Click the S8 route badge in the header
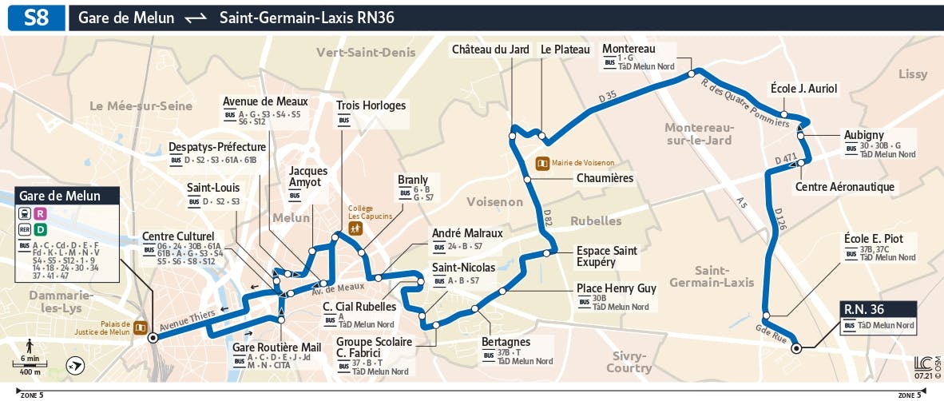35,18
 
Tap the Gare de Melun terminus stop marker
153,338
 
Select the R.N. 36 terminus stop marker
795,347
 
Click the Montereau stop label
629,49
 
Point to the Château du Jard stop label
490,50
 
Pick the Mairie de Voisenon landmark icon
542,163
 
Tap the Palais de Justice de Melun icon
141,327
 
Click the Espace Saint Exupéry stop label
607,256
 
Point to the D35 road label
609,97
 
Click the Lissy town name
913,74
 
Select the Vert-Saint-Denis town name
366,52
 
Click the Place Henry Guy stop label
616,288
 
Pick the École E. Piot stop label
873,239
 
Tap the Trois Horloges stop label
371,105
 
